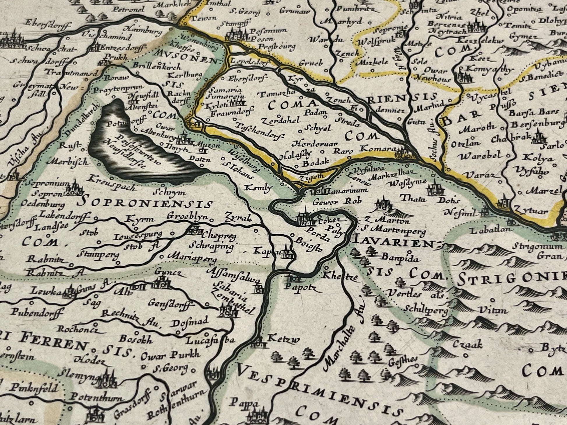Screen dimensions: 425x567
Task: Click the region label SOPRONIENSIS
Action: click(147, 202)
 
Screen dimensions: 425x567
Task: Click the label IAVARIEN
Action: click(393, 242)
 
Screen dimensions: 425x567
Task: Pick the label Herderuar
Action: click(315, 144)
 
